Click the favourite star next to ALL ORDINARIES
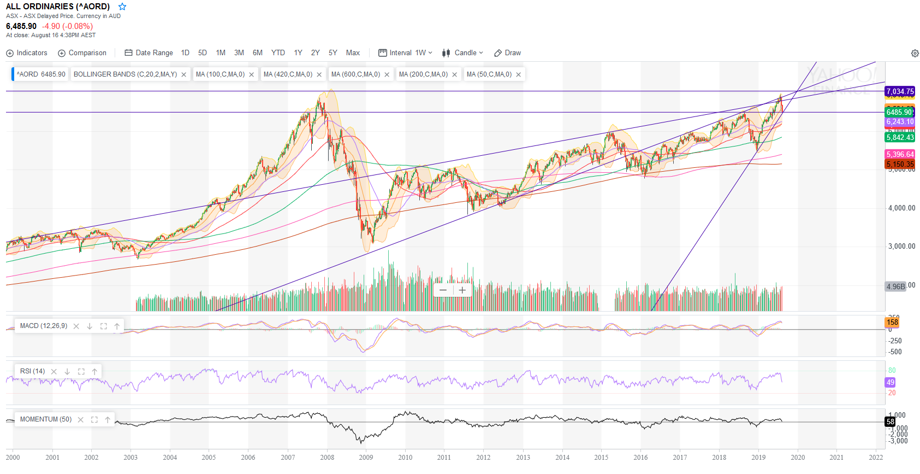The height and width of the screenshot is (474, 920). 122,7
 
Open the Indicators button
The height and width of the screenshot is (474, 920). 27,53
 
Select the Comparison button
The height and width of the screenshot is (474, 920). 82,53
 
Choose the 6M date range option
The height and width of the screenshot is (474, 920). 258,53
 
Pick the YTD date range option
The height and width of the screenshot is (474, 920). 278,53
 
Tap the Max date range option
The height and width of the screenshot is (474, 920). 353,53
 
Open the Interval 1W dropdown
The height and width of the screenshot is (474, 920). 406,53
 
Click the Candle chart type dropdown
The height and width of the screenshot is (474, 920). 463,53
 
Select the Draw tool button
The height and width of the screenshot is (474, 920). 508,53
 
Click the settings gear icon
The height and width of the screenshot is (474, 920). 915,53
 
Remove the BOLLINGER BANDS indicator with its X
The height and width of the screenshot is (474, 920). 184,75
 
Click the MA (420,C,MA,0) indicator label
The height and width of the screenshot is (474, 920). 288,74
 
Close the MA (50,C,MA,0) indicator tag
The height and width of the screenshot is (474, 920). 519,75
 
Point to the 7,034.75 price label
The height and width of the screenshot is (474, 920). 900,91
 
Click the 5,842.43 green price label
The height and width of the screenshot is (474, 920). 900,137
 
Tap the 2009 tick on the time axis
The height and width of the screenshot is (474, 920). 366,458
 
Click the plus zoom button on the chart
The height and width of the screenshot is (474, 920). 462,290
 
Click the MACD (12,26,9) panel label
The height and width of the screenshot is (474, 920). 44,326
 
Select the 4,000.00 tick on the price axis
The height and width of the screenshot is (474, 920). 901,208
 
